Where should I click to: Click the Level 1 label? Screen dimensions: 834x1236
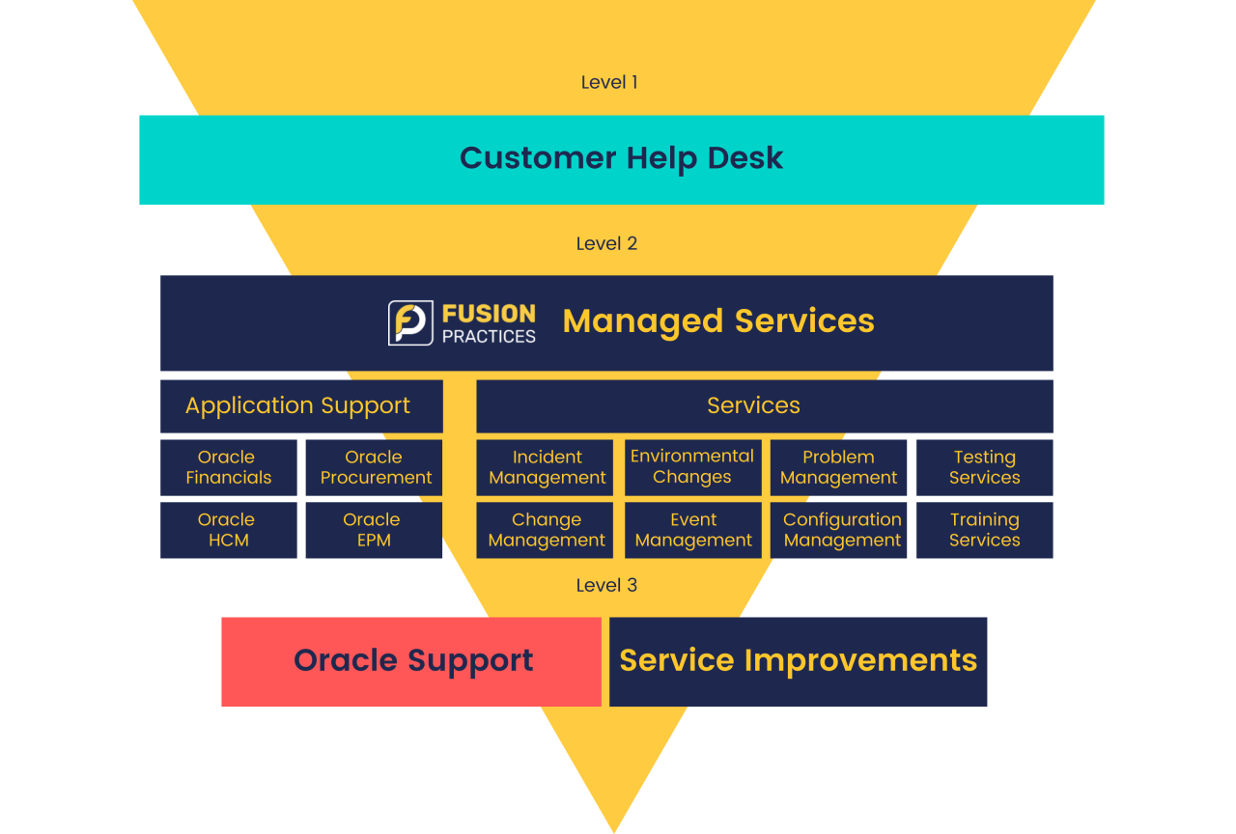pyautogui.click(x=609, y=82)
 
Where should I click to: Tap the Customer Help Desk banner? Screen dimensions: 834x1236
pyautogui.click(x=621, y=159)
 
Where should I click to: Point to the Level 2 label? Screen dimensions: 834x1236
pyautogui.click(x=606, y=243)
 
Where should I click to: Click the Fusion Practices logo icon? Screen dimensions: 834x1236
pyautogui.click(x=410, y=322)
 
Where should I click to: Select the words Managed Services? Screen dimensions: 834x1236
pyautogui.click(x=718, y=321)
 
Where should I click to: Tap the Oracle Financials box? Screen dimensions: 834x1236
pyautogui.click(x=228, y=467)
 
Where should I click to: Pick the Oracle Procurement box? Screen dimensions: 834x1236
pyautogui.click(x=375, y=467)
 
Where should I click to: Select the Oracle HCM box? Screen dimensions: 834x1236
pyautogui.click(x=228, y=530)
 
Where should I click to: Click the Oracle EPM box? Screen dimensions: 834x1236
pyautogui.click(x=373, y=530)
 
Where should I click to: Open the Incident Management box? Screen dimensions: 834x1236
pyautogui.click(x=546, y=467)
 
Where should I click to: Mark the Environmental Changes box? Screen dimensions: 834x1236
pyautogui.click(x=692, y=467)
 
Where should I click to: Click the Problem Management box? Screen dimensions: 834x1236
pyautogui.click(x=838, y=467)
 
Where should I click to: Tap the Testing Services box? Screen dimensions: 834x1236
pyautogui.click(x=984, y=467)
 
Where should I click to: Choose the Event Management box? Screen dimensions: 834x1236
pyautogui.click(x=692, y=530)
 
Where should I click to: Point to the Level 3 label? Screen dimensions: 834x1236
pyautogui.click(x=606, y=585)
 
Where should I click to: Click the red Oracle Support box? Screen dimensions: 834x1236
pyautogui.click(x=411, y=661)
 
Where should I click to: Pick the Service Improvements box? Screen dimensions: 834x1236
pyautogui.click(x=798, y=661)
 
